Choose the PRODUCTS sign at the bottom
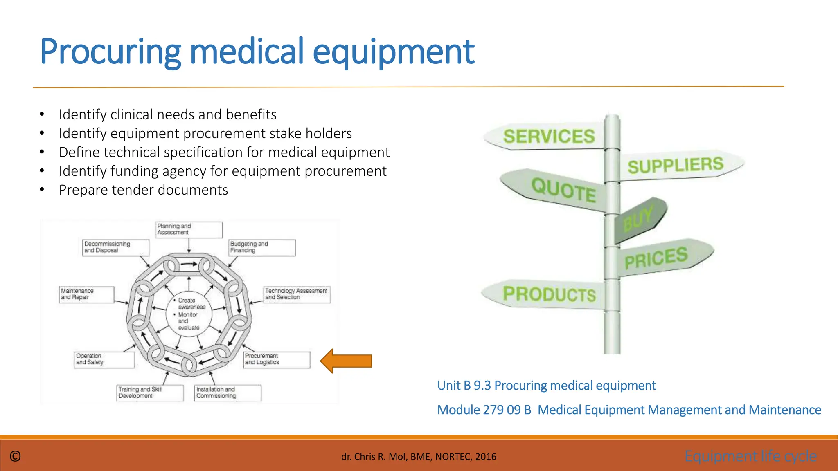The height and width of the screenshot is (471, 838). tap(548, 294)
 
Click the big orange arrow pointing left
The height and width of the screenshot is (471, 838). tap(346, 361)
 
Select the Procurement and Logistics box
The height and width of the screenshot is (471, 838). tap(277, 360)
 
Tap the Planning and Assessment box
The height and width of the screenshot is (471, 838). tap(189, 230)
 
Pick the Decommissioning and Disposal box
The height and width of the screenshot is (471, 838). tap(116, 248)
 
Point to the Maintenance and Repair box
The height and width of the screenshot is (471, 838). tap(86, 294)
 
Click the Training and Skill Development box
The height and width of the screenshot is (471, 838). tap(150, 393)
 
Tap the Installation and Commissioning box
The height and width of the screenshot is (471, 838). tap(228, 393)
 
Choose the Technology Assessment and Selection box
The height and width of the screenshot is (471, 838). tap(297, 294)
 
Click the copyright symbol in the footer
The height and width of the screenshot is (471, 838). tap(15, 456)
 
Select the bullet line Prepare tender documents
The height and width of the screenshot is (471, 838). tap(143, 190)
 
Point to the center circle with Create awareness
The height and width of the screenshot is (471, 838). tap(189, 314)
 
